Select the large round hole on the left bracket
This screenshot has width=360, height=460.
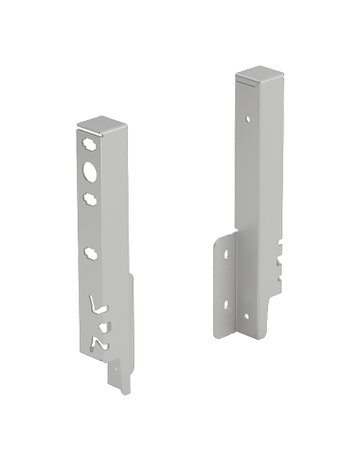point(91,173)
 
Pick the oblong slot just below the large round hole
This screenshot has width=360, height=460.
point(91,199)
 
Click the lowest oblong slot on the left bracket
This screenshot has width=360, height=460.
point(92,253)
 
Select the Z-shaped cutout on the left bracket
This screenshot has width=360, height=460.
point(98,342)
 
